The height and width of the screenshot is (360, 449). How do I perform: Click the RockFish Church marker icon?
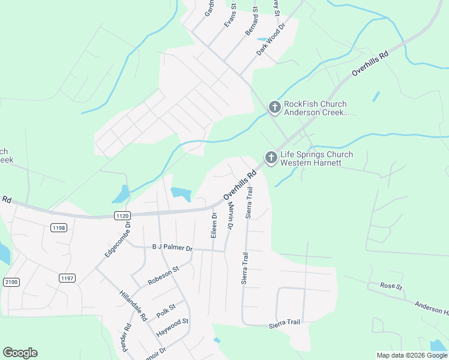tap(274, 107)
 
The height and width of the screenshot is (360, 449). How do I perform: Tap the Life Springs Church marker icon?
tap(271, 158)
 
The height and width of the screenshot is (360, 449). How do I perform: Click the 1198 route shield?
tap(59, 227)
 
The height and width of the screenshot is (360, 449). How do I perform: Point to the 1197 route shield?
tap(67, 277)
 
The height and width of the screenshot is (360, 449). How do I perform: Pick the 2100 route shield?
tap(11, 281)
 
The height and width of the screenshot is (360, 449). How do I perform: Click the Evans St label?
tap(230, 15)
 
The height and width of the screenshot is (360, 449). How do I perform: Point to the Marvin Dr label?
tap(229, 216)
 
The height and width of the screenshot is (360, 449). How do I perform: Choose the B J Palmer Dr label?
tap(172, 248)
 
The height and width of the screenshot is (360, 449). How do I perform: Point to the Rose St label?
tap(391, 286)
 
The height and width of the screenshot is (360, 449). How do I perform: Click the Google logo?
tap(20, 353)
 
